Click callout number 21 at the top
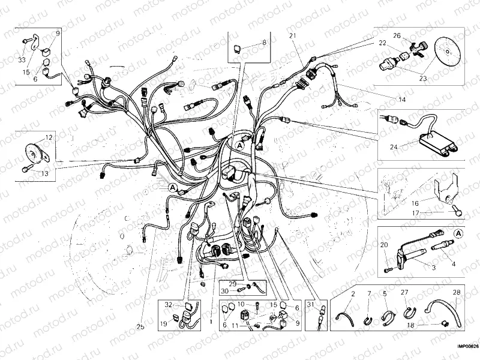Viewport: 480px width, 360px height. click(x=293, y=37)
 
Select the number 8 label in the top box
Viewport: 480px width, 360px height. click(x=262, y=43)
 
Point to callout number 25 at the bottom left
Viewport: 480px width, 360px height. click(x=140, y=327)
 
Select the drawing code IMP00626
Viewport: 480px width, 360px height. click(x=466, y=346)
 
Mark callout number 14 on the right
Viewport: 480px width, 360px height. click(x=401, y=98)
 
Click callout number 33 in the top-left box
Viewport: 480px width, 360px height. click(x=22, y=60)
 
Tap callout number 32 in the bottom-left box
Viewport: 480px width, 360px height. click(x=169, y=304)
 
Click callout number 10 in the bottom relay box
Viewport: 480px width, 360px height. click(x=241, y=304)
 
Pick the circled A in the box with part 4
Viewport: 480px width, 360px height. click(x=458, y=232)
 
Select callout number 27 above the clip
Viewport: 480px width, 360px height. click(x=404, y=292)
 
